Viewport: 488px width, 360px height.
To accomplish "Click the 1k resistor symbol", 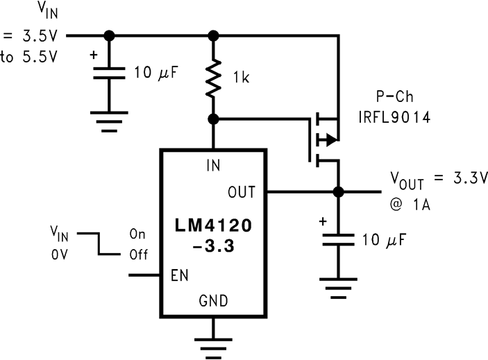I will pyautogui.click(x=214, y=77).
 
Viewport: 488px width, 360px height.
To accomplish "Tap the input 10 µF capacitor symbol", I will pyautogui.click(x=108, y=73).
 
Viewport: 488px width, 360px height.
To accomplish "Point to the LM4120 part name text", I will pyautogui.click(x=214, y=226).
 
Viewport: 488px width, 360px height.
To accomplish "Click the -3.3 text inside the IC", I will pyautogui.click(x=214, y=245).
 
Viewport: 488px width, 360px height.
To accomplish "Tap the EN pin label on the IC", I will pyautogui.click(x=179, y=275).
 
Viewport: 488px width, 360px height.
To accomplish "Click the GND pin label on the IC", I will pyautogui.click(x=214, y=300).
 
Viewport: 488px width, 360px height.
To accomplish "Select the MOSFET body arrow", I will pyautogui.click(x=330, y=140).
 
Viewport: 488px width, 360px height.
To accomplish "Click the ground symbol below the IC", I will pyautogui.click(x=214, y=343).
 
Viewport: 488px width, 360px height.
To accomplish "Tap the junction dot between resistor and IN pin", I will pyautogui.click(x=214, y=119).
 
